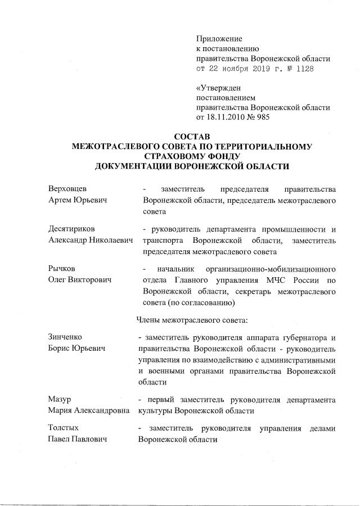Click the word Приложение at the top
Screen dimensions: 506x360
tap(219, 39)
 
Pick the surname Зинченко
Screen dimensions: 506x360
tap(65, 337)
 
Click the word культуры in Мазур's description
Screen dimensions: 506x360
tap(155, 410)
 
